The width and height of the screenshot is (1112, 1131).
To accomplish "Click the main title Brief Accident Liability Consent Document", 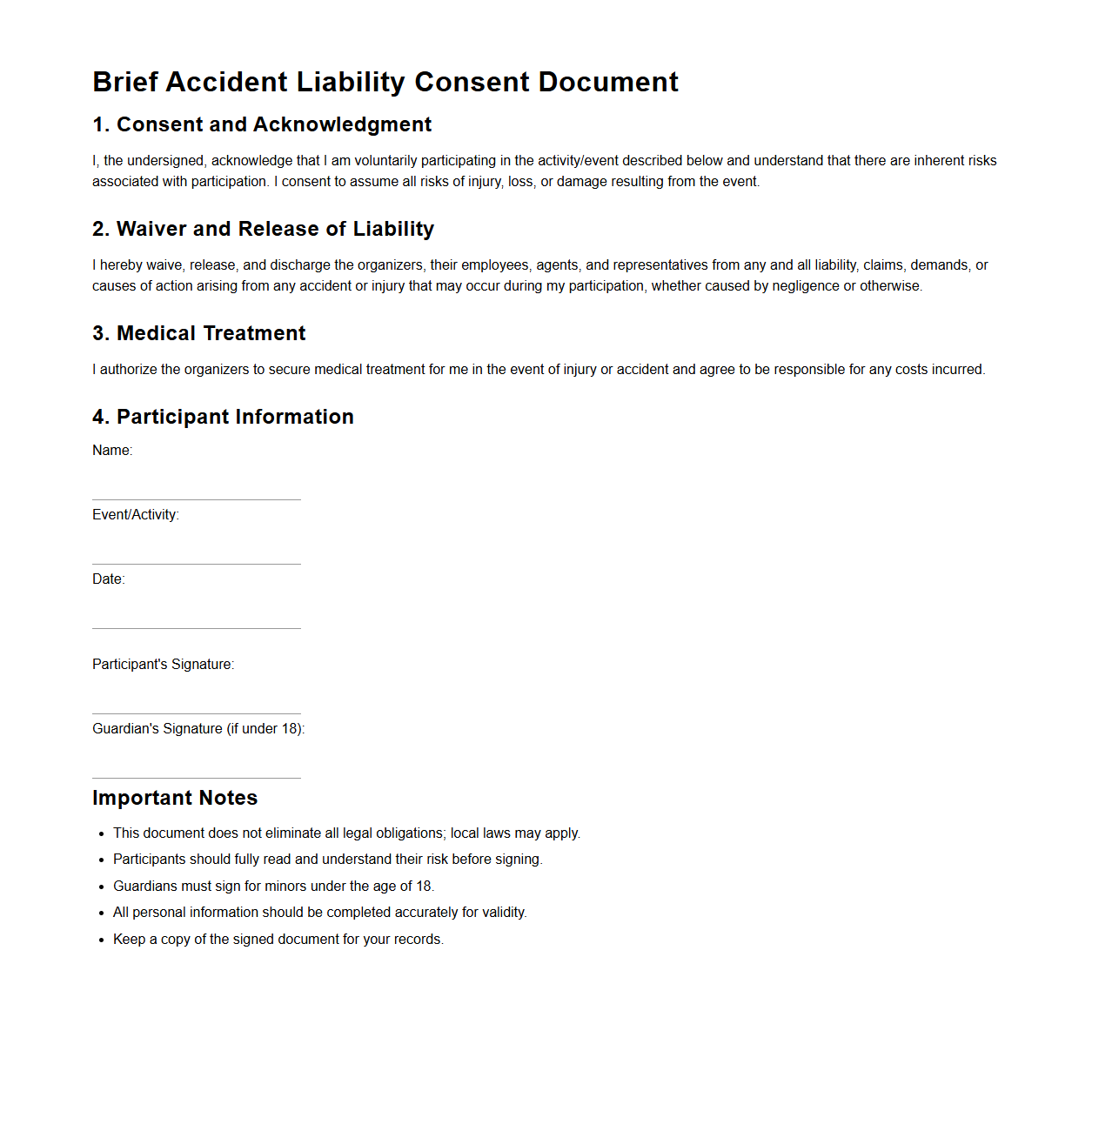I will pyautogui.click(x=385, y=82).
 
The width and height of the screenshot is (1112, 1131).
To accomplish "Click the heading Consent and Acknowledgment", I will pyautogui.click(x=262, y=124).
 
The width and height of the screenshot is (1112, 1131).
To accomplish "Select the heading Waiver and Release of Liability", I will pyautogui.click(x=263, y=229).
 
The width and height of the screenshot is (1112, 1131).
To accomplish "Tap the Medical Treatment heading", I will pyautogui.click(x=199, y=333).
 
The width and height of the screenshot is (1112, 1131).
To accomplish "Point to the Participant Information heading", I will pyautogui.click(x=223, y=417).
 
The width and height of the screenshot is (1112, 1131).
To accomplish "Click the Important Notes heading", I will pyautogui.click(x=175, y=798).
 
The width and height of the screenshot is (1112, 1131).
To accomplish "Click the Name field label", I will pyautogui.click(x=112, y=451).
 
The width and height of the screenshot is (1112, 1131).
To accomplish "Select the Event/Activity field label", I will pyautogui.click(x=136, y=515).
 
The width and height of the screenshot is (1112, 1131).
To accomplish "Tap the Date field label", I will pyautogui.click(x=109, y=579).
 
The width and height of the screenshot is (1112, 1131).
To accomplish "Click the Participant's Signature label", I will pyautogui.click(x=164, y=665).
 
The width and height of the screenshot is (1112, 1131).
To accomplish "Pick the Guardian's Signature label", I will pyautogui.click(x=198, y=729).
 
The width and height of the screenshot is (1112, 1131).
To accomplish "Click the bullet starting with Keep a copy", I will pyautogui.click(x=278, y=940).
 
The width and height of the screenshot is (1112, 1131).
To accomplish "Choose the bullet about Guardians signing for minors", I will pyautogui.click(x=273, y=887).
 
